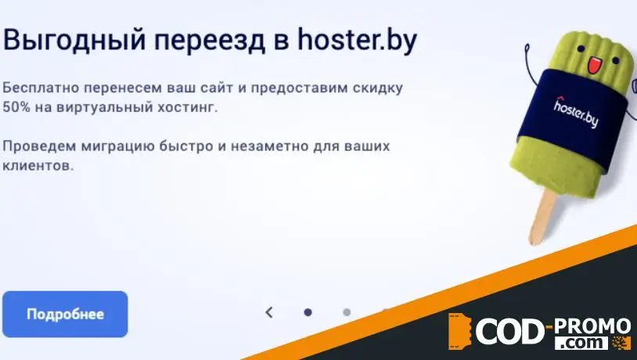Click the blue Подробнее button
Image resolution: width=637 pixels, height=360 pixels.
pos(65,314)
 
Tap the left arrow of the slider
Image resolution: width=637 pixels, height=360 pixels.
pos(269,312)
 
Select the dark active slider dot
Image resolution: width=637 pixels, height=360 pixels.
pos(308,312)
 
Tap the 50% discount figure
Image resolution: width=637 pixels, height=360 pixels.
pos(17,106)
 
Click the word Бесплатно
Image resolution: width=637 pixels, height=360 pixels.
pos(37,87)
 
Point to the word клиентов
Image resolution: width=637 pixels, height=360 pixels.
pos(38,166)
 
